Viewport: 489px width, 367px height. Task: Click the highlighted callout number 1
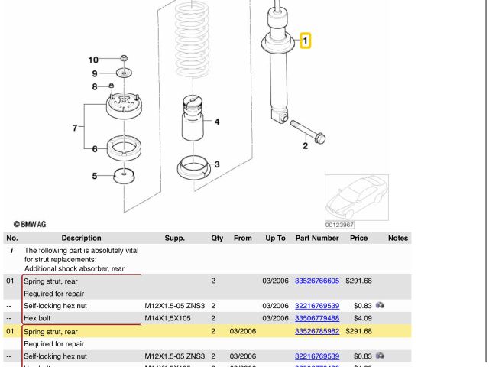click(x=304, y=39)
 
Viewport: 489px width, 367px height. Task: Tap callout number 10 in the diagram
click(x=94, y=60)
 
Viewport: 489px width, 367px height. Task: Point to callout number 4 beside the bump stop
click(x=216, y=122)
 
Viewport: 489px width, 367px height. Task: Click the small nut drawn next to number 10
click(x=124, y=58)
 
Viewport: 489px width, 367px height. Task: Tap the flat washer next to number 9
click(x=124, y=73)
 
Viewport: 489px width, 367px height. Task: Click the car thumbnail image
click(x=356, y=197)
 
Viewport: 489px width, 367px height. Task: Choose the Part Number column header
click(x=316, y=239)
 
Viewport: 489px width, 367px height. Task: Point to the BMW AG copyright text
click(x=30, y=223)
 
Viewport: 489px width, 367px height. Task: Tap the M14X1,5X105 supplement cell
click(x=173, y=318)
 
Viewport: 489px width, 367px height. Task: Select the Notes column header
click(x=398, y=239)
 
